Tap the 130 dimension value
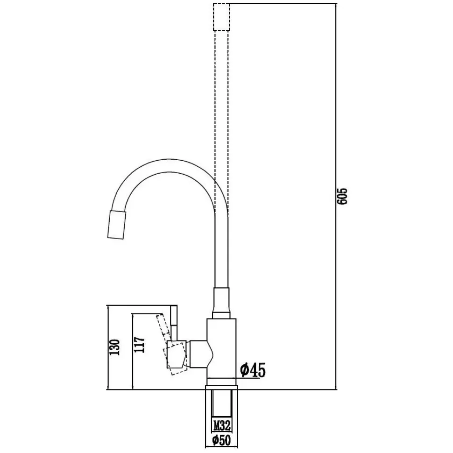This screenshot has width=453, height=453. [114, 347]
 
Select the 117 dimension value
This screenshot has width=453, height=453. [140, 344]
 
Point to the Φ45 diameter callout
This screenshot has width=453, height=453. [253, 370]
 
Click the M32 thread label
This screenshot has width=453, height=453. [221, 425]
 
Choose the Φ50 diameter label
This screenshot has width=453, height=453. [221, 440]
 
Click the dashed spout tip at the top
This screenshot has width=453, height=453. [221, 17]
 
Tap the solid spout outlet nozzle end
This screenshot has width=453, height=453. [117, 225]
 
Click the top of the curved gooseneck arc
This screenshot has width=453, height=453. [169, 159]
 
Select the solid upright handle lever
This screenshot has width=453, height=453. [174, 323]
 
